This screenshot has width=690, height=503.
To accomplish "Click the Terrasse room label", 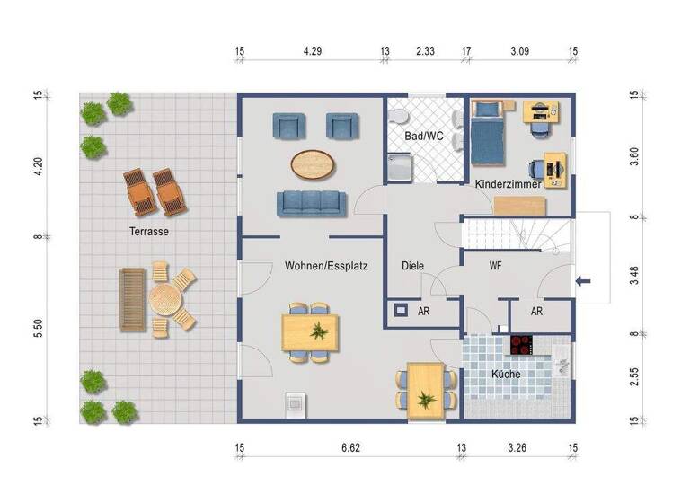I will point(149,231).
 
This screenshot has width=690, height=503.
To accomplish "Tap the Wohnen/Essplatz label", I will point(327,266).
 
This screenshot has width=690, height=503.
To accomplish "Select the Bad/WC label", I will point(423,137).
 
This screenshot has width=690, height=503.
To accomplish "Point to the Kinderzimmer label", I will point(508,183).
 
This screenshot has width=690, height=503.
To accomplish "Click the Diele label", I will point(412,266).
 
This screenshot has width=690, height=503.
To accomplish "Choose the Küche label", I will point(505,374).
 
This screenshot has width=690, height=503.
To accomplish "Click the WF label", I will point(495,266).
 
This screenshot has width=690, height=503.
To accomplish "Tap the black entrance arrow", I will point(583,282).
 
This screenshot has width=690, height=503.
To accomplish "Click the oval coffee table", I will point(314,163).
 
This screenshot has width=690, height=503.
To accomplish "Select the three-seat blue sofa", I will point(310,203).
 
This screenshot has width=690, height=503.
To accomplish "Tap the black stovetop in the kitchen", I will point(521,345).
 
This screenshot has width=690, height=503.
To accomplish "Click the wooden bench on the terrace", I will point(130,299).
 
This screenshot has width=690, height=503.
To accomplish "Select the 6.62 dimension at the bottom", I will point(350,446).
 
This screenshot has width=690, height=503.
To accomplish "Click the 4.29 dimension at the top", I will point(312,51).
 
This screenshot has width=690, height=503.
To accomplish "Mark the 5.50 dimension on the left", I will point(38,329).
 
